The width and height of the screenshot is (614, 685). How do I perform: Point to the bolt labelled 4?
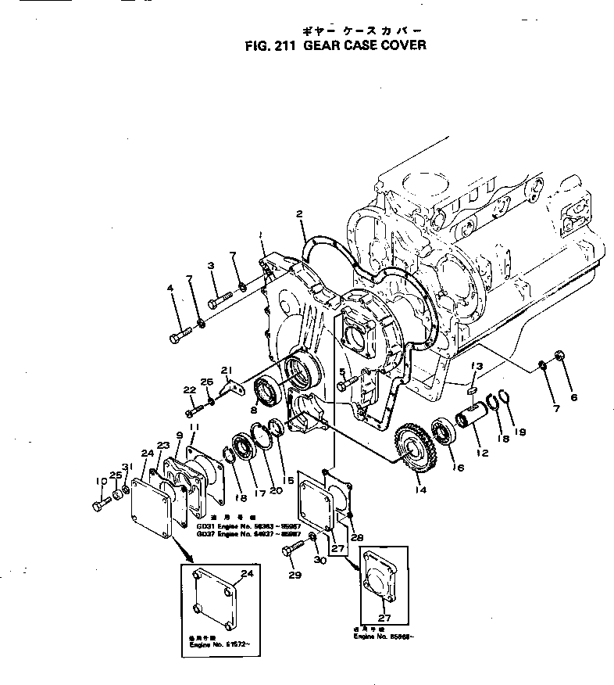click(179, 337)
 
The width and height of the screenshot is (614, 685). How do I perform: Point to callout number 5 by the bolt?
click(342, 371)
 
